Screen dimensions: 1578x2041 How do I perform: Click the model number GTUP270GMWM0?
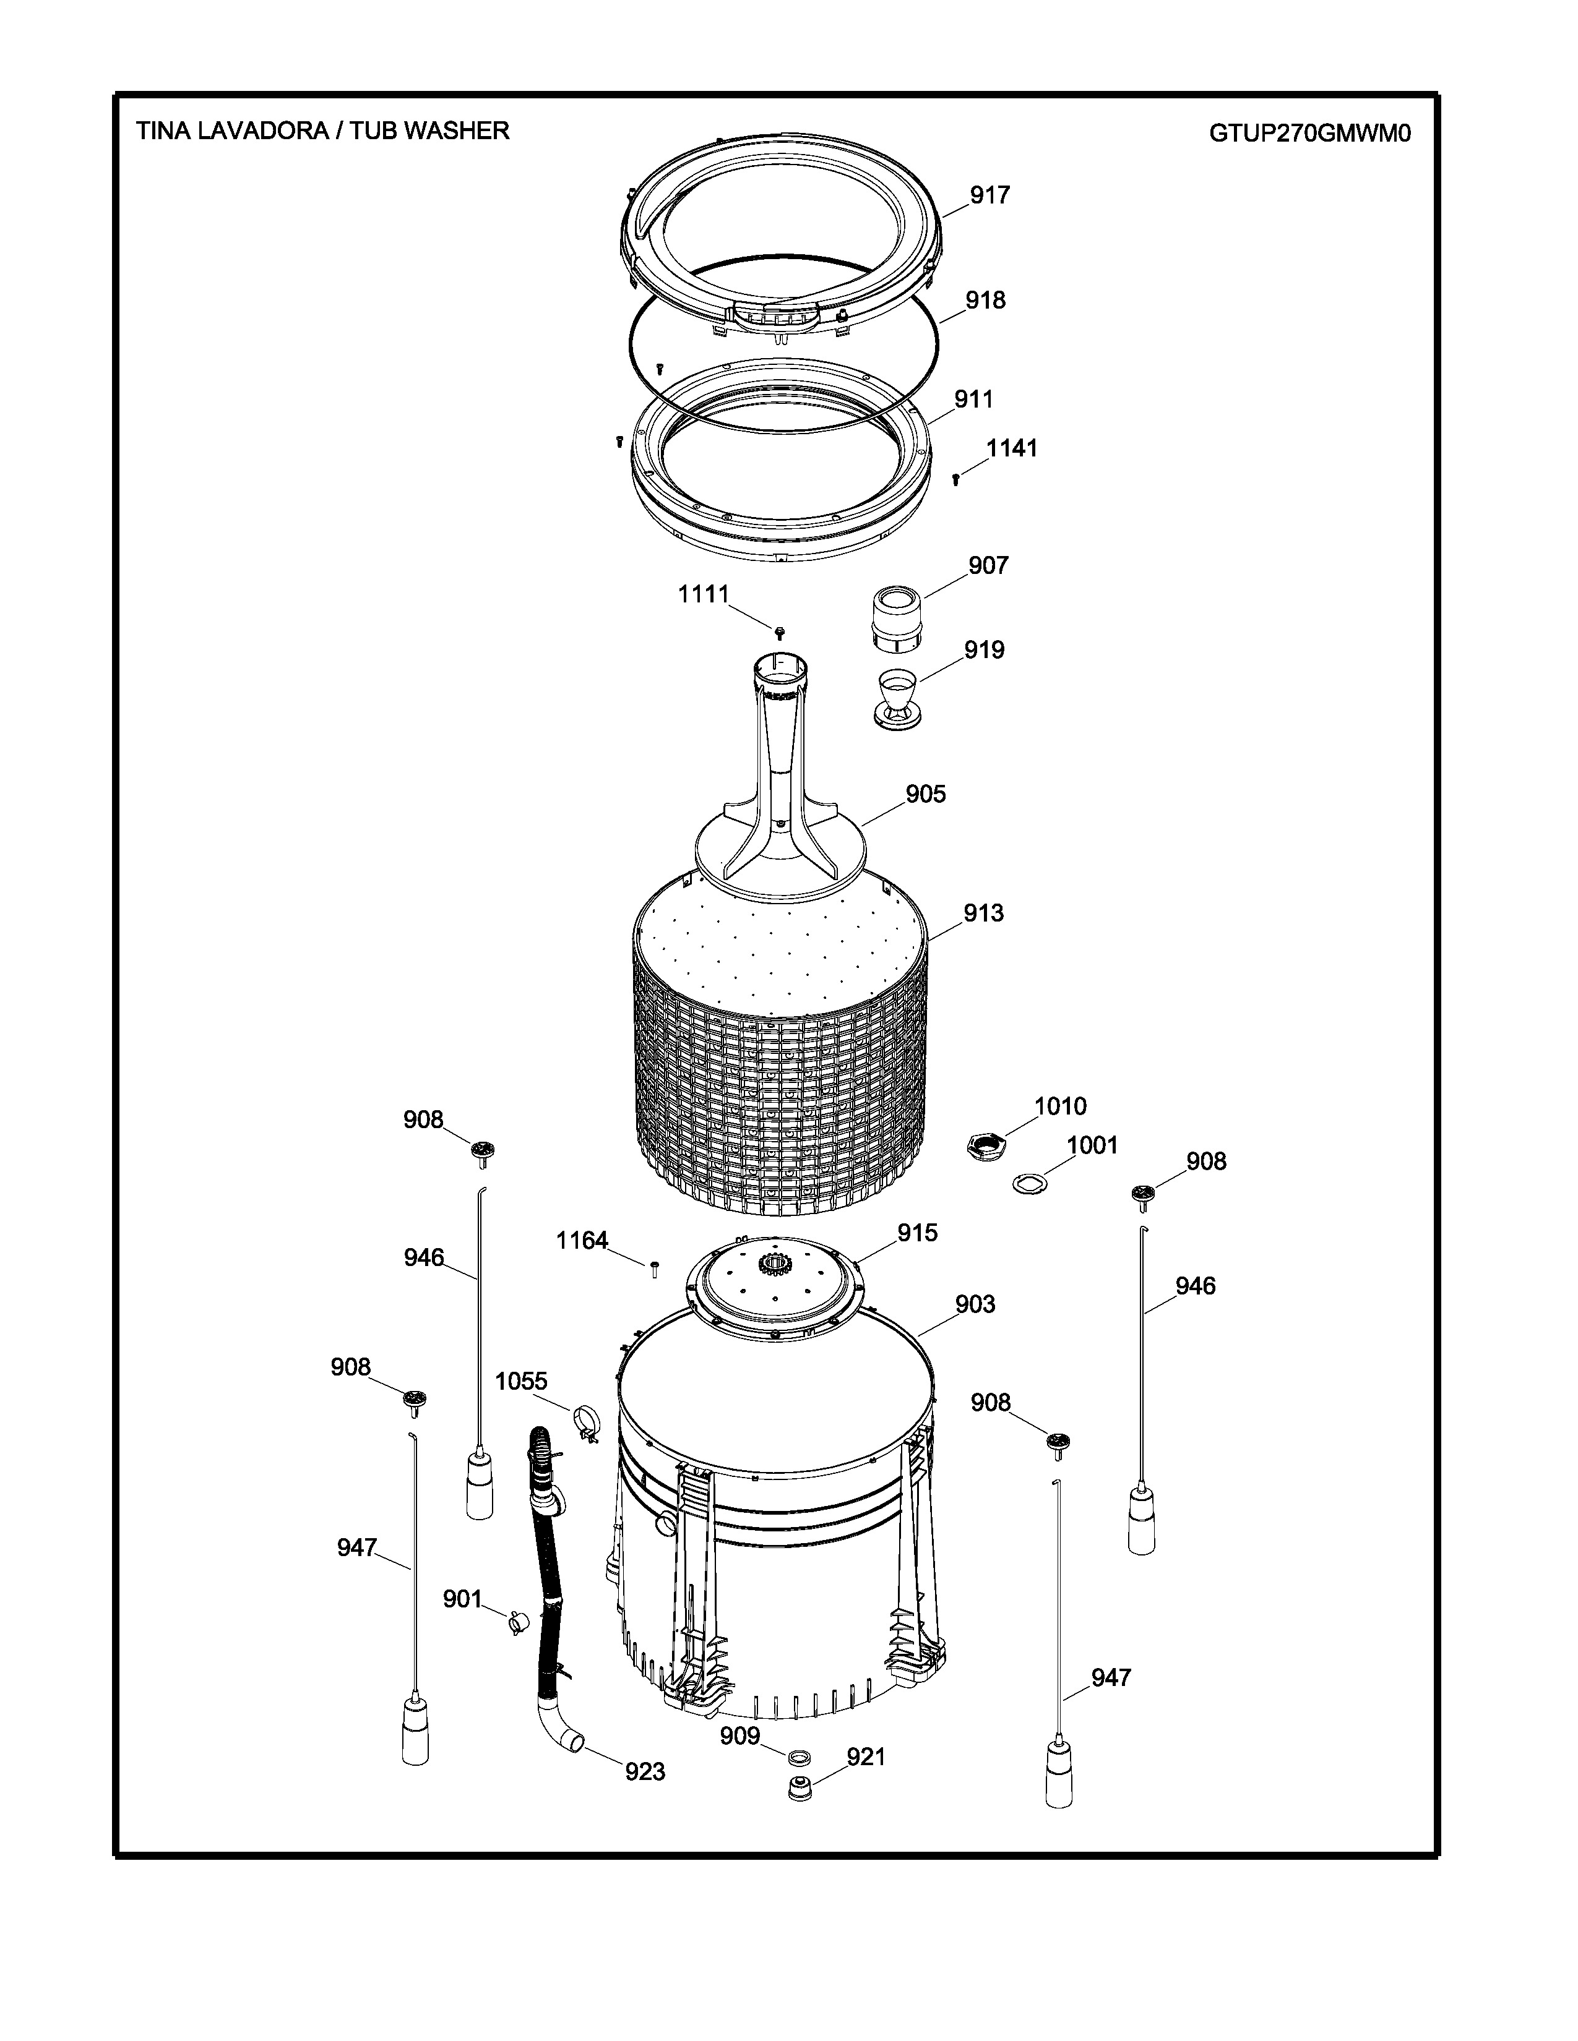pos(1309,134)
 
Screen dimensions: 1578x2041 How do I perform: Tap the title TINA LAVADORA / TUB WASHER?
pos(322,131)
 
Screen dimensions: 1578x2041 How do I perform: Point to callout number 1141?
pos(1012,448)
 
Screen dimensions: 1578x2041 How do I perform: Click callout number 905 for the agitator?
pos(926,794)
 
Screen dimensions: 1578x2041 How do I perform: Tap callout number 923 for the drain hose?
pos(645,1771)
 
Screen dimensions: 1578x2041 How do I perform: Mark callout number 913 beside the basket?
pos(983,913)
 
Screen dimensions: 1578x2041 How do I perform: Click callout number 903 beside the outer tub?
pos(975,1304)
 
